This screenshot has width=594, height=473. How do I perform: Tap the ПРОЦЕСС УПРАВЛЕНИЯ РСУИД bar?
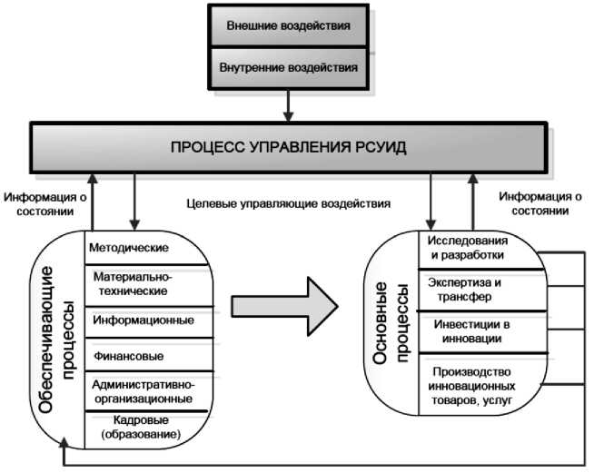[x=289, y=146]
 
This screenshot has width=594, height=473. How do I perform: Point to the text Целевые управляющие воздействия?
[x=287, y=204]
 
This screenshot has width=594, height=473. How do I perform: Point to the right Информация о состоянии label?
[x=540, y=204]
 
